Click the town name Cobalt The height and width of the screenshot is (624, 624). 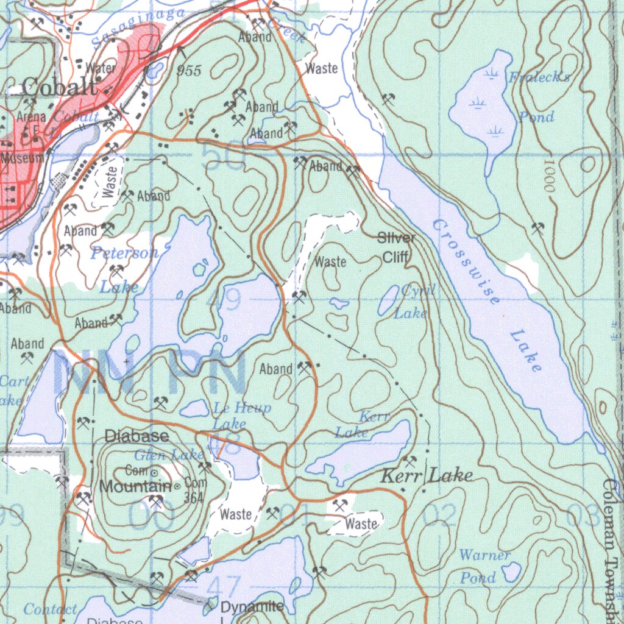pos(59,87)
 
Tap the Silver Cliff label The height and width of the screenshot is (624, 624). pos(397,247)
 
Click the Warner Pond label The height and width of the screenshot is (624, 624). pos(483,566)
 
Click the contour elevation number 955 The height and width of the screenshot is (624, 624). pos(189,71)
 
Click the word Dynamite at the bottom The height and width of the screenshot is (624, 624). pos(252,607)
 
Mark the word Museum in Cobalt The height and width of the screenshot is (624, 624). pos(22,158)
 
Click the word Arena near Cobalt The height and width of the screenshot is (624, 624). pos(32,116)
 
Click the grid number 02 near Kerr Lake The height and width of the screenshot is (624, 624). pos(439,517)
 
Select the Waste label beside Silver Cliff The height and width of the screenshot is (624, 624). pos(330,262)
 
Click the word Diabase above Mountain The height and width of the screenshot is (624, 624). pos(137,436)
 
